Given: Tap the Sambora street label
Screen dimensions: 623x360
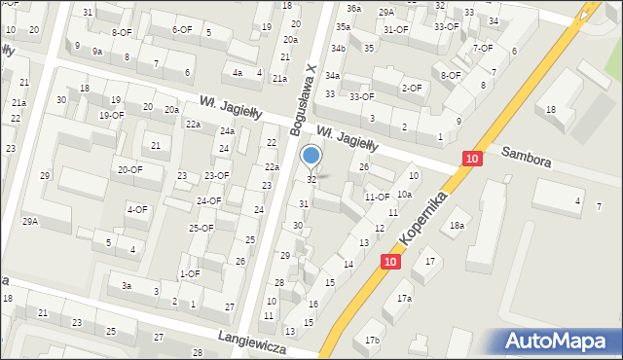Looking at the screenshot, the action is point(526,158).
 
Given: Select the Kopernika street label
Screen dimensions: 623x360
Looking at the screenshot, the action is point(423,217).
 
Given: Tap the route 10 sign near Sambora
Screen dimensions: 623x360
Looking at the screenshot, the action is point(472,159).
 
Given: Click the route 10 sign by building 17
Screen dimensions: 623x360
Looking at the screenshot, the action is point(390,261).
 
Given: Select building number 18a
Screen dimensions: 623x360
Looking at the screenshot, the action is point(457,226).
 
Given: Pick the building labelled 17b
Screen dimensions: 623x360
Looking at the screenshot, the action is point(372,340).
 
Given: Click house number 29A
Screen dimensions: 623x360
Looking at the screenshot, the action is point(30,222).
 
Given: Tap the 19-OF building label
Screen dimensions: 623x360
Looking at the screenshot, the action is point(111,116).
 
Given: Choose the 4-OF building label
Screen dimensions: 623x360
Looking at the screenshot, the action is point(137,209).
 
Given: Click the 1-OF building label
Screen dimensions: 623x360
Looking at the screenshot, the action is point(189,273).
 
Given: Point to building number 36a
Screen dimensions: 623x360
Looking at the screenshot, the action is point(352,8).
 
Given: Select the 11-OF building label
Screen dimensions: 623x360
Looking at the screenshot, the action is point(377,197).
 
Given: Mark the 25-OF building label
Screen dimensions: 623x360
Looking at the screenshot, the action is point(201,228).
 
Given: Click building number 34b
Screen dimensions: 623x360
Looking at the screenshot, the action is point(338,48).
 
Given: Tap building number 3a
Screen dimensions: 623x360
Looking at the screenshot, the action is point(127,286).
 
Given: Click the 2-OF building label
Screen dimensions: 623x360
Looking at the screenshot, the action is point(411,88).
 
